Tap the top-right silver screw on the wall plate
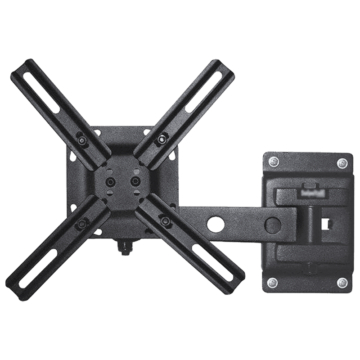point(343,162)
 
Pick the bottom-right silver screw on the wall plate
point(343,282)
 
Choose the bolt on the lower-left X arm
point(82,222)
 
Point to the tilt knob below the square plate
point(123,247)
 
